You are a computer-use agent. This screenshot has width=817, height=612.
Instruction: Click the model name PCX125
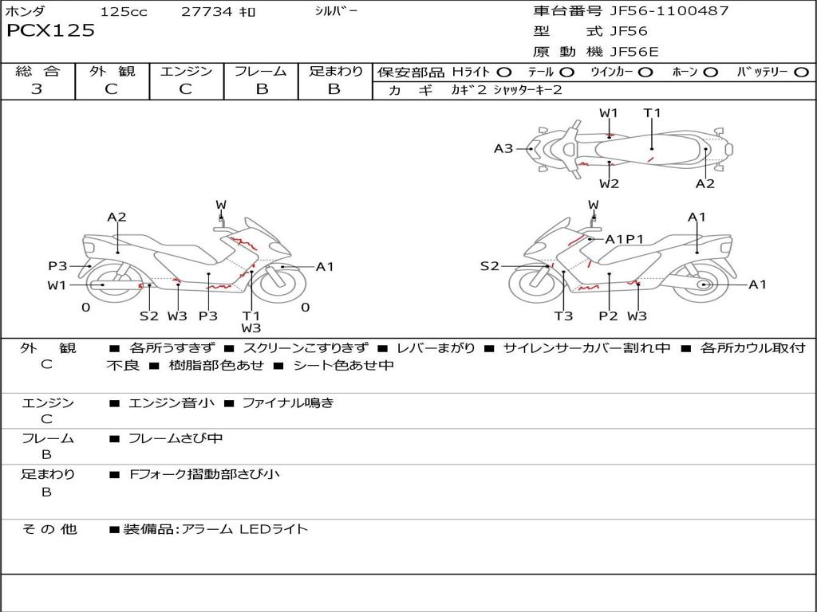50,31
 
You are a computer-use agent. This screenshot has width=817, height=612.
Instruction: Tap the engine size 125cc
124,12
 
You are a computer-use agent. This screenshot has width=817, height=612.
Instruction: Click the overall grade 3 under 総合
37,89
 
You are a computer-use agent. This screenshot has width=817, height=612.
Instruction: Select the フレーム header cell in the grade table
261,72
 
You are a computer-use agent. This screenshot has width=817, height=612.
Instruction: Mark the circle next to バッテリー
801,73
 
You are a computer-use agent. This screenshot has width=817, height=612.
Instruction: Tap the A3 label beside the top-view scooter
503,148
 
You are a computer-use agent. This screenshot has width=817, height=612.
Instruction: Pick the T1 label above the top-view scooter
652,113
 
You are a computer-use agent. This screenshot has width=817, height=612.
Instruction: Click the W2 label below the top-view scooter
609,184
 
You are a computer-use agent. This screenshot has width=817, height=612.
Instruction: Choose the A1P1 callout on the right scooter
624,239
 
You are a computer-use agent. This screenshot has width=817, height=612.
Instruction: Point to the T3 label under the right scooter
563,316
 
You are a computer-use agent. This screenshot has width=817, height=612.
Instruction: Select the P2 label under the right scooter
608,316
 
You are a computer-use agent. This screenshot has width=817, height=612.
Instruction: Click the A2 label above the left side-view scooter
116,217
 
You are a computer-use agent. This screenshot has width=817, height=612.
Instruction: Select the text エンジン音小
172,403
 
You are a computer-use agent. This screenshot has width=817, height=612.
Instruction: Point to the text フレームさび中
176,438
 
